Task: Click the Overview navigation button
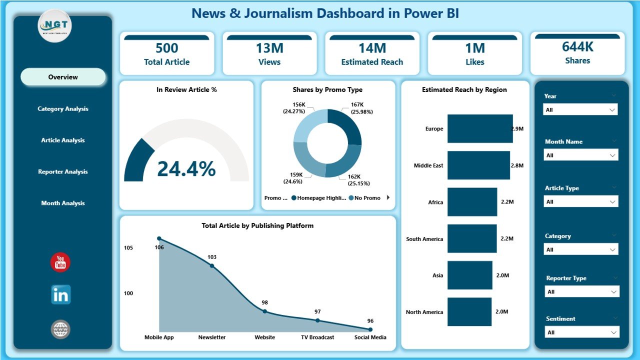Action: point(63,77)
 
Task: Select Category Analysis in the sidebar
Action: point(63,108)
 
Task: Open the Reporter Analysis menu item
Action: point(63,171)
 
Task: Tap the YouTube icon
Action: point(60,262)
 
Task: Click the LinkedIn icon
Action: point(60,295)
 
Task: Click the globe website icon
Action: point(60,329)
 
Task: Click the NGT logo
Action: point(55,25)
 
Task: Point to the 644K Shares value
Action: point(577,46)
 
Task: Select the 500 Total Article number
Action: point(166,48)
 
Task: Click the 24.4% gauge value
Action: point(186,169)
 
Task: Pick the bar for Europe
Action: point(479,128)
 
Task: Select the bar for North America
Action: point(469,312)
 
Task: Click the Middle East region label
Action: point(428,165)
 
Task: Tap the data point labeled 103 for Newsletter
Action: point(211,265)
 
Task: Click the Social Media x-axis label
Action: point(370,337)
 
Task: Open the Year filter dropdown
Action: point(580,109)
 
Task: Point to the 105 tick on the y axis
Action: point(128,248)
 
